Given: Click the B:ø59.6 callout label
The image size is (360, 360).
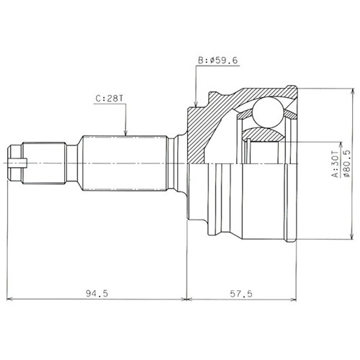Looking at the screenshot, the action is click(217, 60).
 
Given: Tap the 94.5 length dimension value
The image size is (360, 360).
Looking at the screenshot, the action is click(97, 293).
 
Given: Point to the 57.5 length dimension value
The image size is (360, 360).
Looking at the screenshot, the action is click(241, 294).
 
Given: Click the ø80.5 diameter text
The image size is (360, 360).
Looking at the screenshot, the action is click(347, 163).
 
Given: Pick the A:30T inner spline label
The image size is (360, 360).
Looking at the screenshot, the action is click(335, 164).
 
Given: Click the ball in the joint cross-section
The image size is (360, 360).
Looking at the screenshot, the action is click(268, 112).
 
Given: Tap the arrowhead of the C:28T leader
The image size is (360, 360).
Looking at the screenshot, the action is click(125, 132).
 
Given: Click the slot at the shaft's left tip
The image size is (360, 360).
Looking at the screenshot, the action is click(17, 163).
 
